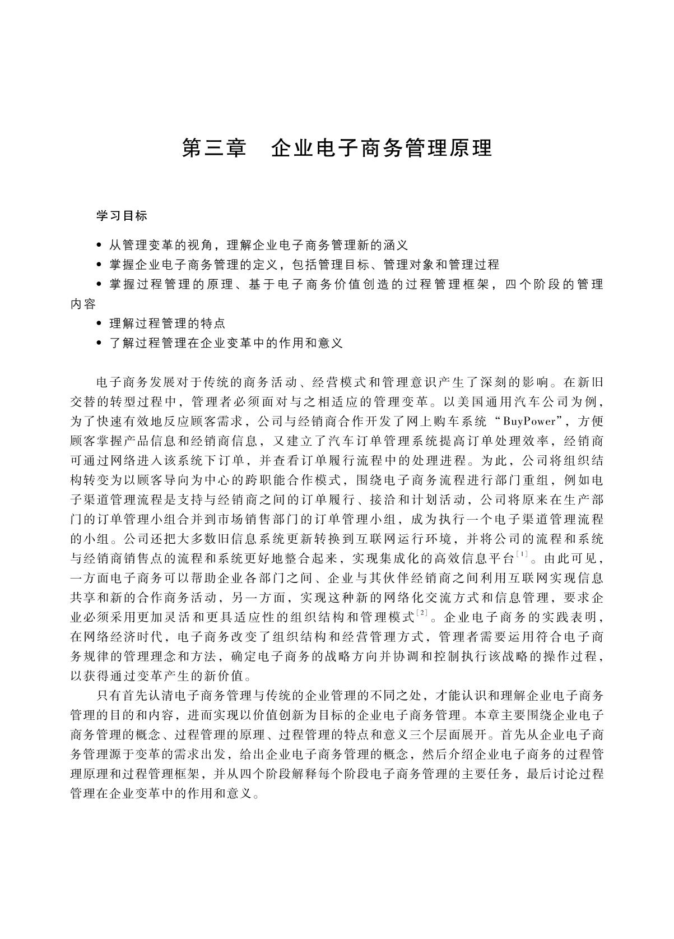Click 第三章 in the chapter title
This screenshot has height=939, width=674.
[215, 148]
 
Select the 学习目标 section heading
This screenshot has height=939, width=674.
[122, 216]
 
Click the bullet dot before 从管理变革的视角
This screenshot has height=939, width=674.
[99, 246]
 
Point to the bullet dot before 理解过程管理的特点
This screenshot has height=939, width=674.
[99, 324]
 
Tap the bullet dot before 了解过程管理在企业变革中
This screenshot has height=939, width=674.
[99, 343]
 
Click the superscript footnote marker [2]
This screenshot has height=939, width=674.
[422, 614]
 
